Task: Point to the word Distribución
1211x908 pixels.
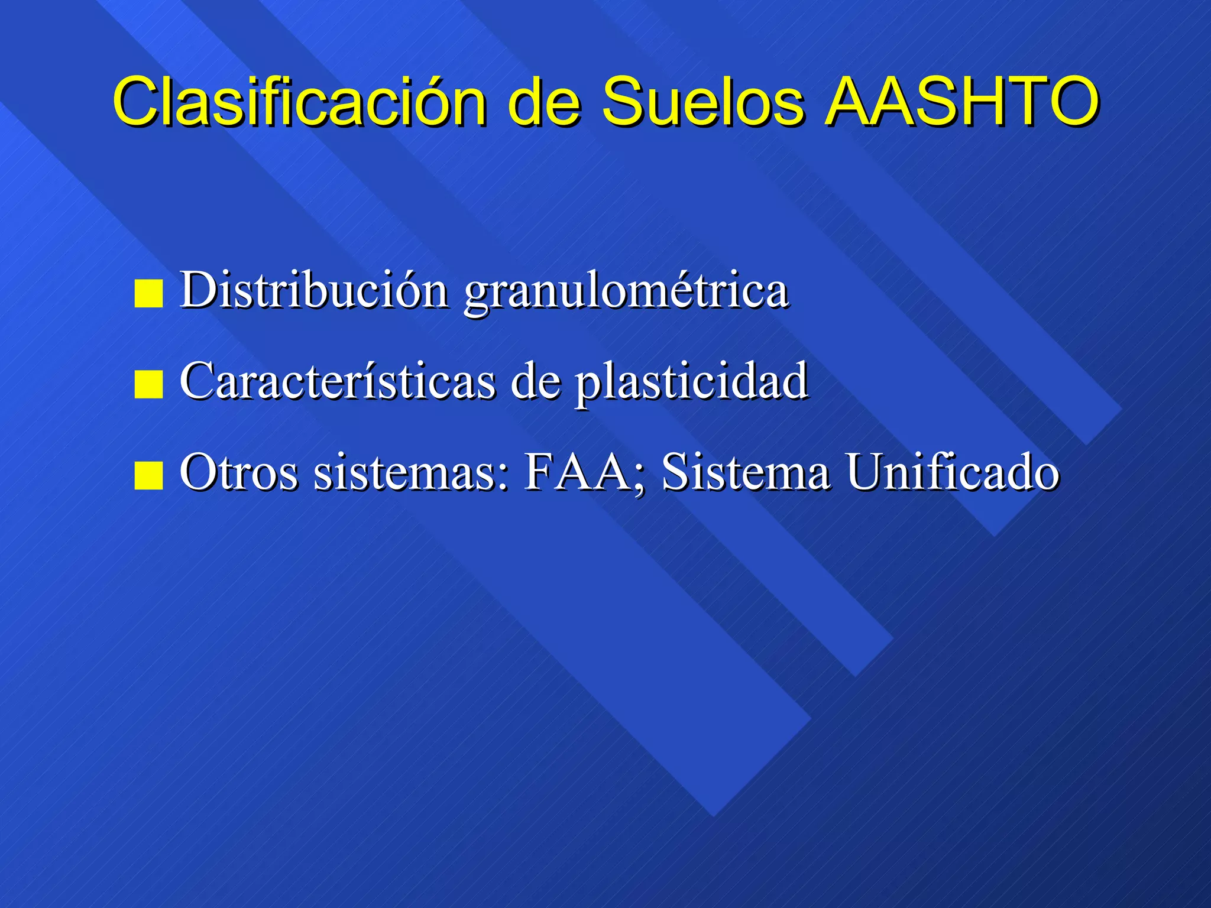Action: [x=314, y=290]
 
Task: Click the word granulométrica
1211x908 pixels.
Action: [x=626, y=293]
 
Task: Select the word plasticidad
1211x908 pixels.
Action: [x=692, y=383]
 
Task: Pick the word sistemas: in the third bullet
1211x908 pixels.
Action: [x=411, y=472]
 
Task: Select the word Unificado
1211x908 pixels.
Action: [x=952, y=472]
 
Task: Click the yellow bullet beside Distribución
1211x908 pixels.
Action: [x=148, y=294]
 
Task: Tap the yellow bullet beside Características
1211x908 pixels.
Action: [x=148, y=385]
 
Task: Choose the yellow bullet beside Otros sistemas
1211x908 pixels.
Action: [x=148, y=476]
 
